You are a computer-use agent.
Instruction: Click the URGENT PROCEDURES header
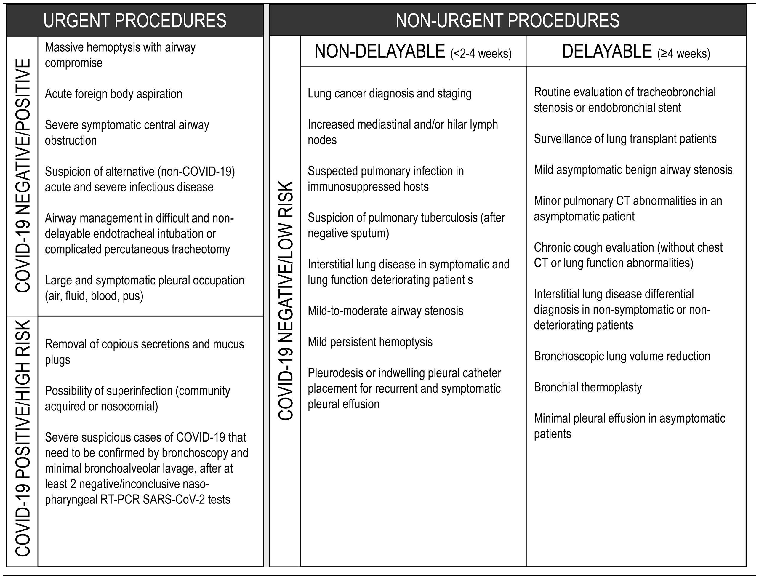pos(135,21)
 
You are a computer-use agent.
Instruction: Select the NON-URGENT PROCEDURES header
pos(507,21)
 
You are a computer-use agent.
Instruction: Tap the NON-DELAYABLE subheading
pos(380,52)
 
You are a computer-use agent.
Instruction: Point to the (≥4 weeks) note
pos(684,54)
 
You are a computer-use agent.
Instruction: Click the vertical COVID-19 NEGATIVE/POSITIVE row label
pos(23,176)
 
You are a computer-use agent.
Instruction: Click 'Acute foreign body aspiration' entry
pos(113,94)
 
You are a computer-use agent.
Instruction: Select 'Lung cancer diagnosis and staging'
pos(389,93)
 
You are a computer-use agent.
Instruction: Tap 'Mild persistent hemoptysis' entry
pos(370,342)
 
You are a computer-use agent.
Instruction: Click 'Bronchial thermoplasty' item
pos(588,387)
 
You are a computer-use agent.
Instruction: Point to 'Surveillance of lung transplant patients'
pos(625,139)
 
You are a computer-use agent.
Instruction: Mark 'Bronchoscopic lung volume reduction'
pos(622,356)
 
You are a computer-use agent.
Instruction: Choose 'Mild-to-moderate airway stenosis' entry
pos(385,311)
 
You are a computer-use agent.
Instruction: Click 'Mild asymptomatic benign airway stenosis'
pos(633,169)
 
